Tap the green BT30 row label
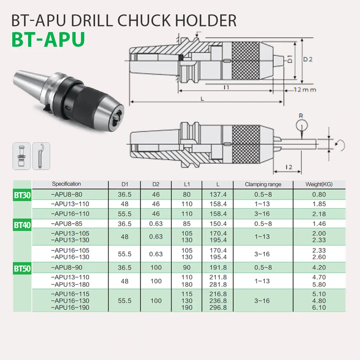click(22, 196)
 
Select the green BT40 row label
click(22, 226)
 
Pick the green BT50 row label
click(22, 269)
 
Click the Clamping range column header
click(263, 184)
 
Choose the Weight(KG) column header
click(319, 184)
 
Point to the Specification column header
click(67, 184)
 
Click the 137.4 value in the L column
click(218, 195)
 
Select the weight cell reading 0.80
click(319, 195)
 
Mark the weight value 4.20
click(319, 268)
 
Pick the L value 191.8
click(218, 268)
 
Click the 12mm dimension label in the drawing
click(304, 90)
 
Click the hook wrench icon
click(41, 156)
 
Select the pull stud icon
click(22, 156)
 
